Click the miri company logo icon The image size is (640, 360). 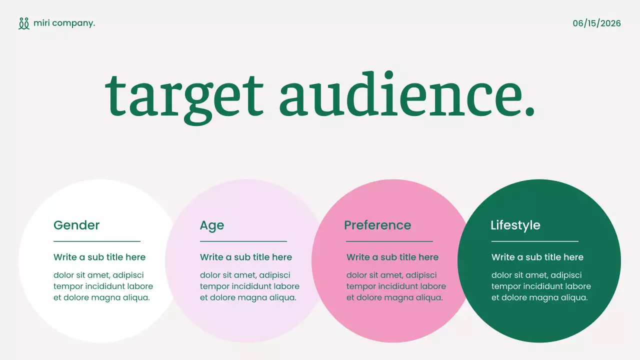coord(24,23)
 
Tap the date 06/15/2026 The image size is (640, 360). coord(596,23)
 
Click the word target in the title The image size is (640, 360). coord(184,95)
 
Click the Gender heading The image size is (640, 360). coord(76,225)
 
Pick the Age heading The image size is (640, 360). coord(212,225)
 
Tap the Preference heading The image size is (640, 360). coord(377,225)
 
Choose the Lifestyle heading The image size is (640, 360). coord(515,225)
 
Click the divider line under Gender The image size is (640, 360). coord(97,241)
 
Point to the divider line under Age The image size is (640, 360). coord(243,241)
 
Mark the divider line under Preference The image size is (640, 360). coord(389,241)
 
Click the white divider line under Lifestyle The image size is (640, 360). coord(534,241)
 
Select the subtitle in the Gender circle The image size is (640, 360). coord(99,257)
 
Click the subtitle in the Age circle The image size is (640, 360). coord(246,257)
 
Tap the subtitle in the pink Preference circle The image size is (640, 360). coord(392,257)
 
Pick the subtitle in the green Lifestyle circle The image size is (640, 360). coord(537,257)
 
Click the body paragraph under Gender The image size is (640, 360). coord(103,286)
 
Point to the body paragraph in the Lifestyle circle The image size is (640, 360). coord(541,286)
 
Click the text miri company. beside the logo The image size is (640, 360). coord(64,23)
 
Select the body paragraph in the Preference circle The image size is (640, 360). coord(396,286)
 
